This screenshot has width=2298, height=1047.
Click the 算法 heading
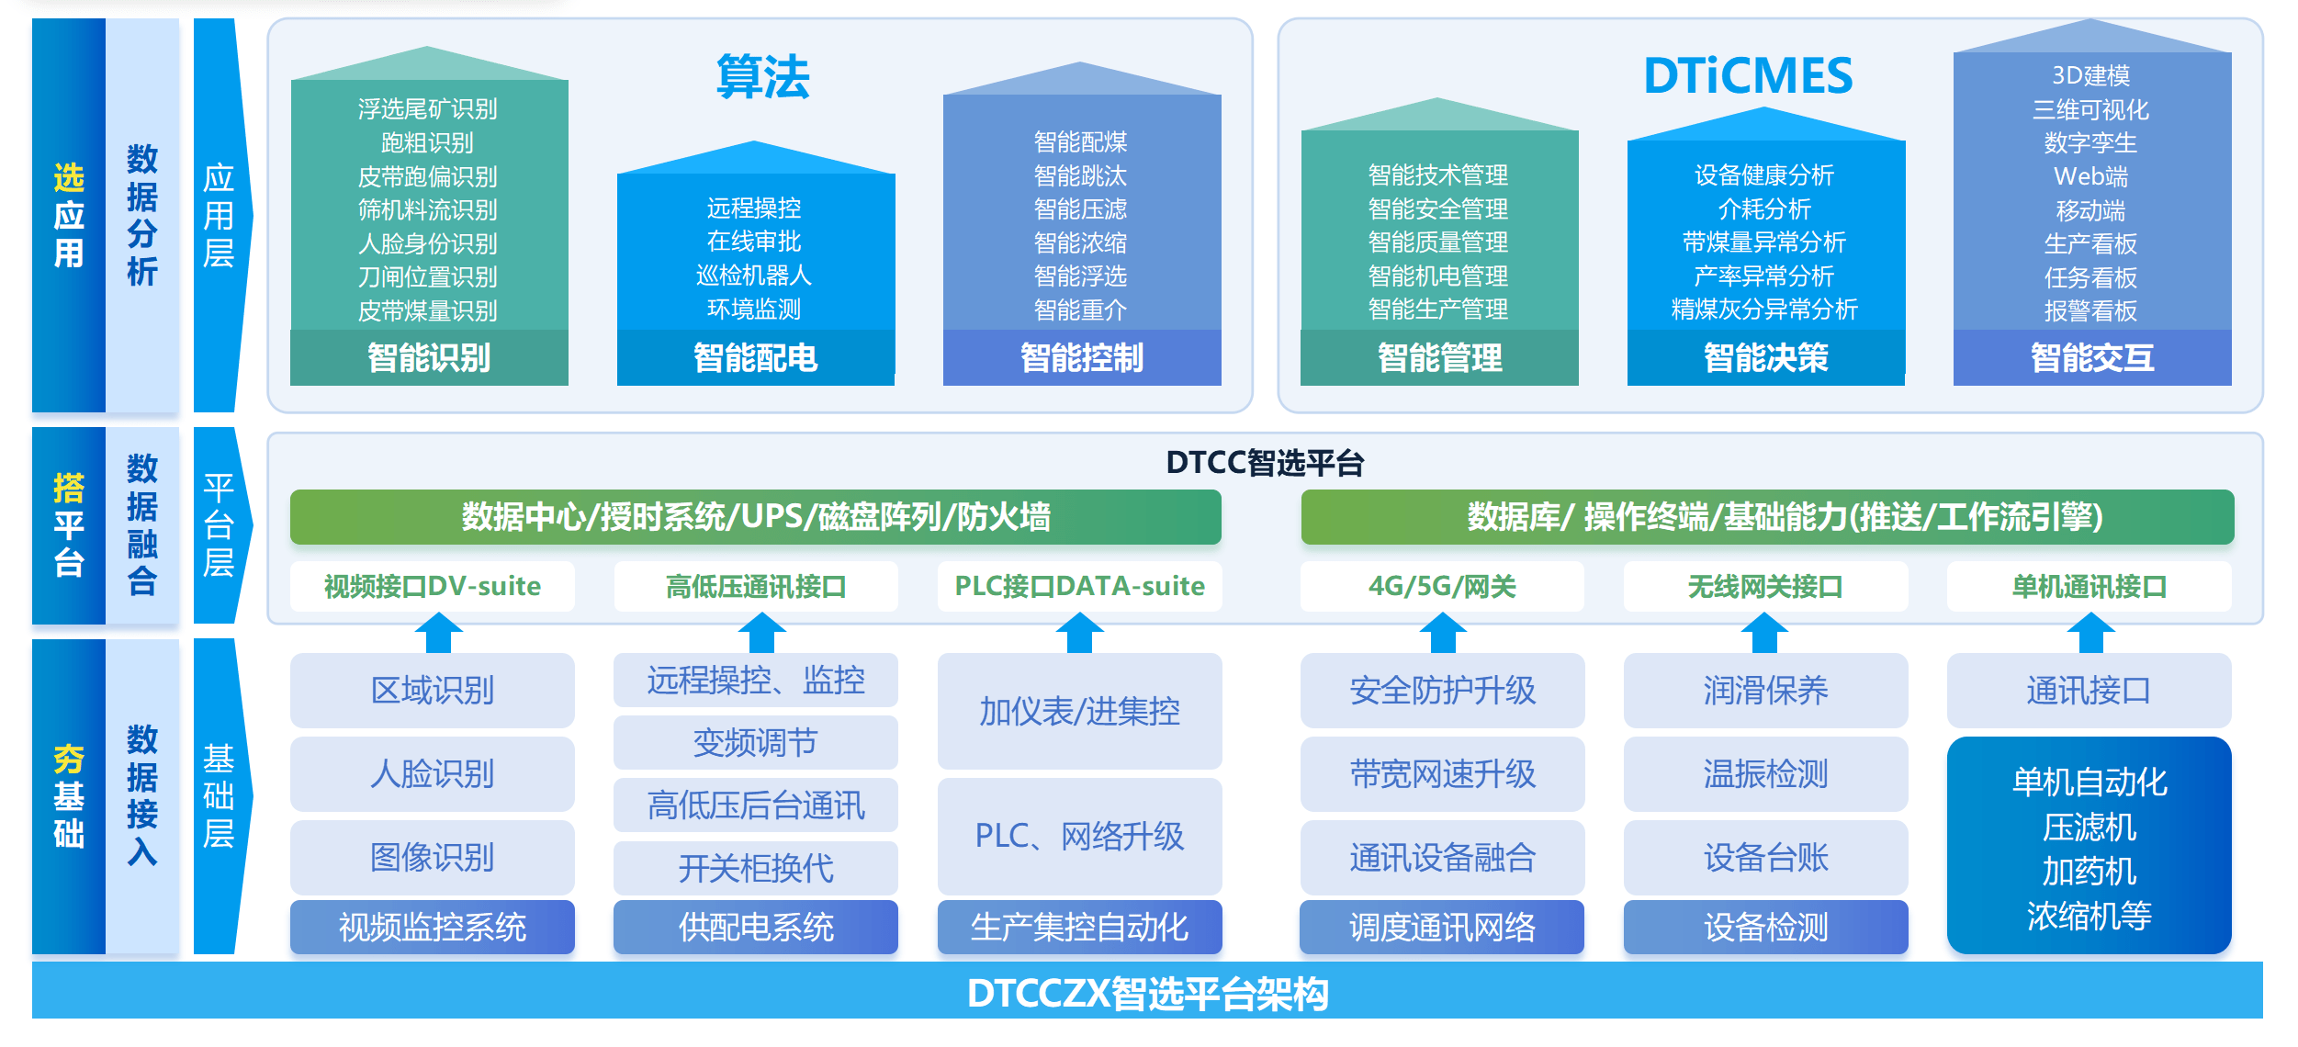coord(762,77)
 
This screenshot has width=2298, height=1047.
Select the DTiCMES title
coord(1747,77)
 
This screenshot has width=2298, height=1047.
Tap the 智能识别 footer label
coord(429,357)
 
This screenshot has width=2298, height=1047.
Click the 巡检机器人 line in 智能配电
coord(754,276)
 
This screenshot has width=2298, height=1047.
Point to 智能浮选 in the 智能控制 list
coord(1080,276)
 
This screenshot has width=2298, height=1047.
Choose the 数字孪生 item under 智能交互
coord(2090,143)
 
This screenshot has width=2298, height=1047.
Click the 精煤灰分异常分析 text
coord(1764,310)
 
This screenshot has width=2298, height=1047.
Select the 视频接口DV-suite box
coord(433,586)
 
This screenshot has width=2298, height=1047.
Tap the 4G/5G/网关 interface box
coord(1442,586)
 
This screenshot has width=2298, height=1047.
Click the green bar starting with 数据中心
coord(755,517)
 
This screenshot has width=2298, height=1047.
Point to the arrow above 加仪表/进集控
coord(1079,633)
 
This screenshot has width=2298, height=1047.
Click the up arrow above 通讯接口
coord(2090,633)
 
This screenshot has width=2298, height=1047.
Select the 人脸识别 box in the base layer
coord(433,774)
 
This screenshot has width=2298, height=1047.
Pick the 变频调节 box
coord(755,742)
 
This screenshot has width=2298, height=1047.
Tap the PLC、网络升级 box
coord(1079,836)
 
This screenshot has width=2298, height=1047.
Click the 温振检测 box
coord(1765,774)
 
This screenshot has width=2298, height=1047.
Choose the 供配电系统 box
coord(755,927)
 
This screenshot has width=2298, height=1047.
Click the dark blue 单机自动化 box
coord(2089,846)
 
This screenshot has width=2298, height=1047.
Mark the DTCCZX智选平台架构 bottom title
coord(1147,993)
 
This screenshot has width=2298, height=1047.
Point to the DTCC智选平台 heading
coord(1265,463)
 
